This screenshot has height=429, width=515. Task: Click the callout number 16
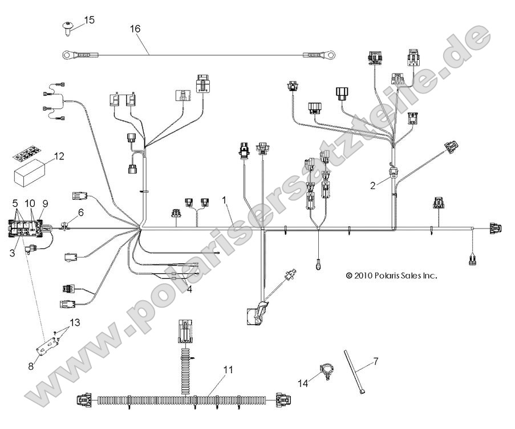135,28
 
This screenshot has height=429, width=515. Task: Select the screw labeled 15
67,26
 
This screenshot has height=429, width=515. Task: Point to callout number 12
59,155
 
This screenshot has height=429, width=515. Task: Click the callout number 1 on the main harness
225,200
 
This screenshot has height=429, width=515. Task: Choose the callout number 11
228,370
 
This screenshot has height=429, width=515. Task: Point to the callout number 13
74,323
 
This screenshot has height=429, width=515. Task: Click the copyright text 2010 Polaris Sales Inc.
391,275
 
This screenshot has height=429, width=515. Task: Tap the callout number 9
45,203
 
